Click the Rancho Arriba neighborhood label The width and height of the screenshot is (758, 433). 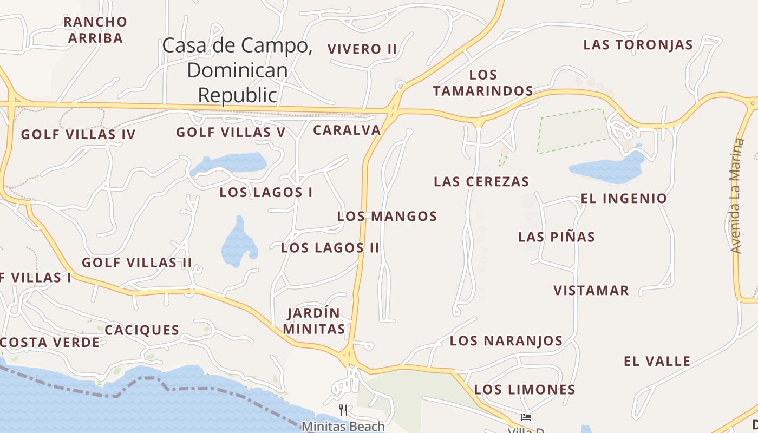click(x=95, y=30)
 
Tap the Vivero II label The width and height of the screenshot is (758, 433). click(x=362, y=49)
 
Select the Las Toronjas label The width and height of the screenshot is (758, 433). click(x=638, y=45)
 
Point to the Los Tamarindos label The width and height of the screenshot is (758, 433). click(x=483, y=82)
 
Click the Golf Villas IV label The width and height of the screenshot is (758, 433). click(x=78, y=134)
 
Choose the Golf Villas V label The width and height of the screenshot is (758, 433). click(x=231, y=132)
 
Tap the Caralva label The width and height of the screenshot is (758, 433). click(x=347, y=130)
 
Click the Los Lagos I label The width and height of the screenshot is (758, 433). click(x=266, y=192)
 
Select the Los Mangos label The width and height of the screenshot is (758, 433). click(x=387, y=216)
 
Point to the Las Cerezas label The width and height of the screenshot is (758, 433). click(x=481, y=181)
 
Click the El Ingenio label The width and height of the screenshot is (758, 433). click(x=624, y=198)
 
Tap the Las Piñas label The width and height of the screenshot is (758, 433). click(x=556, y=237)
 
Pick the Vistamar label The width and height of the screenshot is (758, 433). click(x=591, y=290)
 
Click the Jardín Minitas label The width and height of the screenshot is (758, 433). click(x=314, y=320)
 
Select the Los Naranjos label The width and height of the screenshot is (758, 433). click(x=506, y=340)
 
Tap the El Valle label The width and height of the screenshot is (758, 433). click(x=657, y=361)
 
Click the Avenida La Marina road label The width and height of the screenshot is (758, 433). click(x=737, y=196)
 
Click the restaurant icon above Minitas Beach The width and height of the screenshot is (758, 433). click(x=343, y=410)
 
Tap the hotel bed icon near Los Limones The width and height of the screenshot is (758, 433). click(x=526, y=417)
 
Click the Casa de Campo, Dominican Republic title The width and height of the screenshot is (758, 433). click(x=237, y=70)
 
